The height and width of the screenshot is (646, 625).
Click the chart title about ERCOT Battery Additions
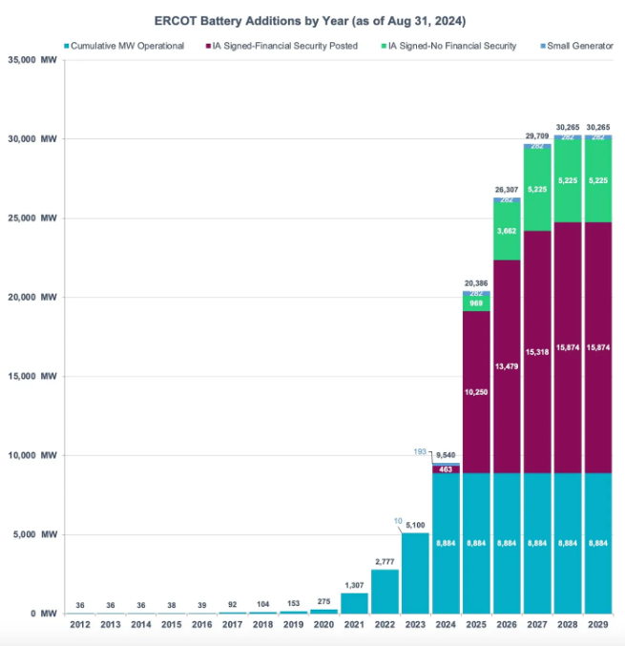(x=312, y=19)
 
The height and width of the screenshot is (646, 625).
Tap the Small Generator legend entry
(x=576, y=46)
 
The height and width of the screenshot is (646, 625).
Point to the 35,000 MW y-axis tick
(x=37, y=60)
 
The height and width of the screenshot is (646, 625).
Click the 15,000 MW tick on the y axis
(x=37, y=376)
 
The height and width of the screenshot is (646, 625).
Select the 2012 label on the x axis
(x=79, y=624)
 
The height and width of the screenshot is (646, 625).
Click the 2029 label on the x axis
(x=598, y=624)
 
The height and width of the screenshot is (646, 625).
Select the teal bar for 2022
(x=385, y=592)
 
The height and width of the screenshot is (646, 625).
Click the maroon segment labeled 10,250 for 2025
(x=476, y=392)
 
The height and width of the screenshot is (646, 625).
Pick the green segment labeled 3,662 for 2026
(x=507, y=230)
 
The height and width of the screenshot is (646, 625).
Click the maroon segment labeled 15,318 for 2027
(x=537, y=352)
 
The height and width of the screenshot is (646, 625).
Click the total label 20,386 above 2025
(x=476, y=283)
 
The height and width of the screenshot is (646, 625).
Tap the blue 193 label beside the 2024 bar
(x=419, y=450)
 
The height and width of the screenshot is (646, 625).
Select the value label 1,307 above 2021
(x=354, y=585)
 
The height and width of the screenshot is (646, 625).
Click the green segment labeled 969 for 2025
(x=476, y=303)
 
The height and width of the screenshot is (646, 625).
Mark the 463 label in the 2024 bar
(x=446, y=469)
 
